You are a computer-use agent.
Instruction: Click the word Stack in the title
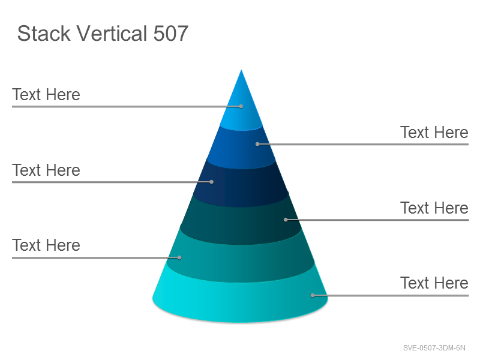tap(44, 34)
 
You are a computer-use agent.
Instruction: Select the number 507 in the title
tap(170, 34)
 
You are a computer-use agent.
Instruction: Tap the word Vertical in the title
tap(112, 34)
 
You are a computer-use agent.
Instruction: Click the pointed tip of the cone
tap(241, 70)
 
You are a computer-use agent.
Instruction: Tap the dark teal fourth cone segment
tap(241, 221)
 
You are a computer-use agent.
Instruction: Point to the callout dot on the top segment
tap(241, 107)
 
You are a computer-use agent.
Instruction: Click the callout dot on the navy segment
tap(212, 182)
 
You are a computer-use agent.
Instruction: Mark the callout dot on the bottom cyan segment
tap(313, 295)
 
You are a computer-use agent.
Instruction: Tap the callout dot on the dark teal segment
tap(286, 220)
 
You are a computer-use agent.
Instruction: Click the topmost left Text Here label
tap(46, 95)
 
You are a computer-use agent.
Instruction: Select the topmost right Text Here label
tap(434, 133)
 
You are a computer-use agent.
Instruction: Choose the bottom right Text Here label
tap(434, 283)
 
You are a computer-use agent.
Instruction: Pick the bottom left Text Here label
tap(46, 245)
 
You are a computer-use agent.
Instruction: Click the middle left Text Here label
tap(46, 170)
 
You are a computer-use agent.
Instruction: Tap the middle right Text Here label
tap(434, 208)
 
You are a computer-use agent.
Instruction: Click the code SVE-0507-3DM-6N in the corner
tap(434, 348)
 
